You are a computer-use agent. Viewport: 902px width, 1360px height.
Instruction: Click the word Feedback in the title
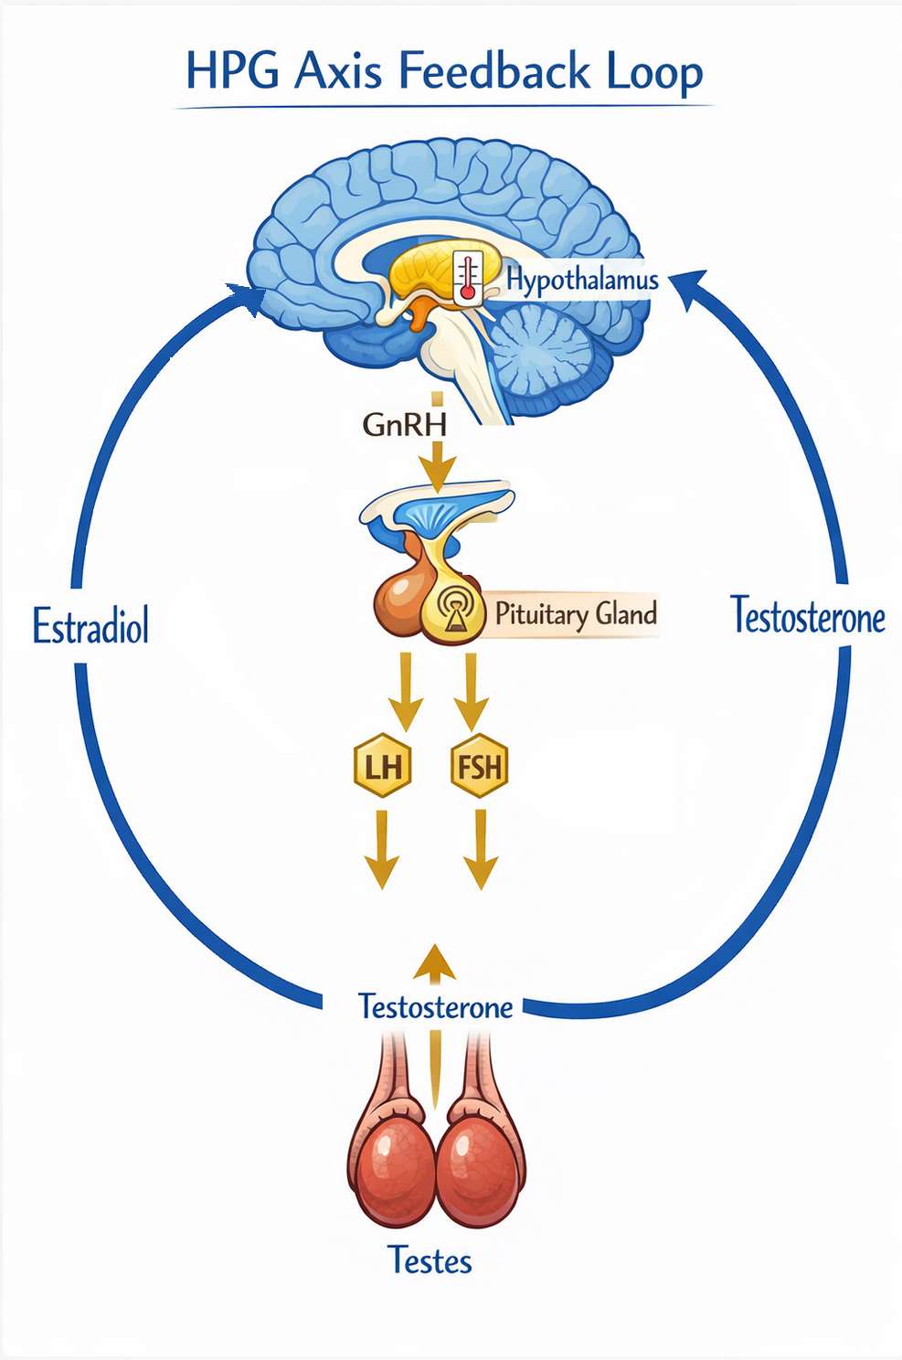(493, 71)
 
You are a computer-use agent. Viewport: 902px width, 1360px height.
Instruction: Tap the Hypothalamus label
(582, 279)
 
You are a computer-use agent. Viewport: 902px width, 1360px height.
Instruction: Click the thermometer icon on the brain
(468, 278)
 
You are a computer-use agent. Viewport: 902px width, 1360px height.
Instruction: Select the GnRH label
(404, 424)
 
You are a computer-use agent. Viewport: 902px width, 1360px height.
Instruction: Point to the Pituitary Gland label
(576, 613)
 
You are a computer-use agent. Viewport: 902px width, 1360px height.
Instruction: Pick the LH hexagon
(383, 766)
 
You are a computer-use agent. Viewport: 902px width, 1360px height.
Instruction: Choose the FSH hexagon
(479, 766)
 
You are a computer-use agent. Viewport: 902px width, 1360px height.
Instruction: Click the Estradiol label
(90, 627)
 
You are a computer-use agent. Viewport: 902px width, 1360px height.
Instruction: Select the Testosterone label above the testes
(436, 1006)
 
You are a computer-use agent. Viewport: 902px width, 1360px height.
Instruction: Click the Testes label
(430, 1260)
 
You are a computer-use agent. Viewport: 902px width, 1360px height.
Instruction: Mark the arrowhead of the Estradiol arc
(248, 297)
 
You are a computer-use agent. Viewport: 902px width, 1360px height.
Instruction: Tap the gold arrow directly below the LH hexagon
(382, 850)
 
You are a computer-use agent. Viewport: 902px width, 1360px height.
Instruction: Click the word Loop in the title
(654, 71)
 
